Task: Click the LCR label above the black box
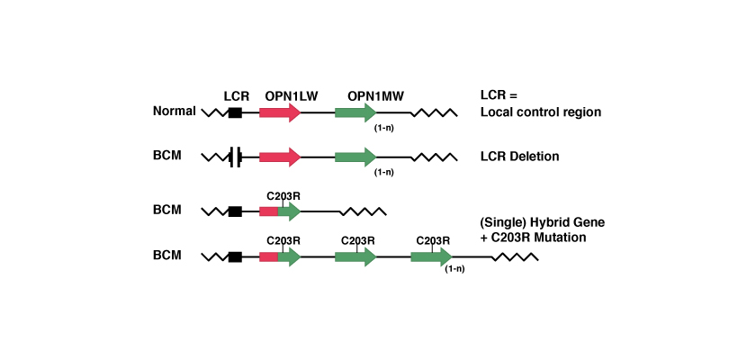[x=236, y=95]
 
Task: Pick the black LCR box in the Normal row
[x=235, y=112]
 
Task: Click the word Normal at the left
[x=174, y=112]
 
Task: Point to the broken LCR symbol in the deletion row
[x=235, y=157]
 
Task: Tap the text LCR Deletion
[x=520, y=157]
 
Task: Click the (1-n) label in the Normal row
[x=383, y=128]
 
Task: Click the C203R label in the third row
[x=283, y=195]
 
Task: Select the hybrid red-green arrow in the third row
[x=280, y=211]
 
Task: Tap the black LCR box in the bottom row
[x=235, y=256]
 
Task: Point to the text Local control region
[x=540, y=112]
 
